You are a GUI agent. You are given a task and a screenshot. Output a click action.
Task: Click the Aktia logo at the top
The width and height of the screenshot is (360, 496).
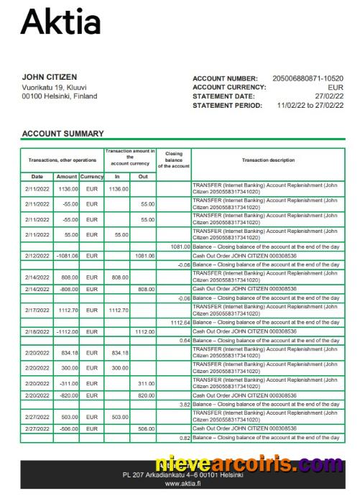point(61,22)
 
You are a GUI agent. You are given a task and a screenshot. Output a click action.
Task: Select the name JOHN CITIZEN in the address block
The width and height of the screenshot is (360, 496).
point(50,77)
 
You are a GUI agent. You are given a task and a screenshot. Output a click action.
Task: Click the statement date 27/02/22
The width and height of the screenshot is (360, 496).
point(329,96)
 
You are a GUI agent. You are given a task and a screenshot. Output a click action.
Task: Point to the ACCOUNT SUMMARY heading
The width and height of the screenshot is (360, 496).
point(63,134)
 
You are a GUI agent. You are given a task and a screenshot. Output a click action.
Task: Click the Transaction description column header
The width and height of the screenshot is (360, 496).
point(267,160)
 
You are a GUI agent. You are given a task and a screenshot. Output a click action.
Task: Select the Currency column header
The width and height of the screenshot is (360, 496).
point(92,177)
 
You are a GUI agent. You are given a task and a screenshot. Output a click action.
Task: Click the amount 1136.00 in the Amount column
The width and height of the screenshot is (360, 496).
point(68,188)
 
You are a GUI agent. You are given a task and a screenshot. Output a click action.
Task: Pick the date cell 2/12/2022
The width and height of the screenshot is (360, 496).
point(37,255)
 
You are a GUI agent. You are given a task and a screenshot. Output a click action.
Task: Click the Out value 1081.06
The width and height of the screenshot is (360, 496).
point(144,255)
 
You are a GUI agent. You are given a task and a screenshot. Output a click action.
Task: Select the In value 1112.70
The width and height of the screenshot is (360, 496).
point(117,311)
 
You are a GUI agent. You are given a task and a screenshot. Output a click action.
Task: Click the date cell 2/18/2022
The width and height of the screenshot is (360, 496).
point(37,331)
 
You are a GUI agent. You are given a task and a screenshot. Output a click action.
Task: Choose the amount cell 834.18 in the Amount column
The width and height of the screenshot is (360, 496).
point(68,352)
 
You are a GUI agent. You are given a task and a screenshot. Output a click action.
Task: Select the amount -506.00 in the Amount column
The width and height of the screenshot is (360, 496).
point(68,429)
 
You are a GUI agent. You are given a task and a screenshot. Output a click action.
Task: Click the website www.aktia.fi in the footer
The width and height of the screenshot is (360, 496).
point(181,484)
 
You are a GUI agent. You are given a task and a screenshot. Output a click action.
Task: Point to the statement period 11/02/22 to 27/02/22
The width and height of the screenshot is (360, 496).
point(310,106)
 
